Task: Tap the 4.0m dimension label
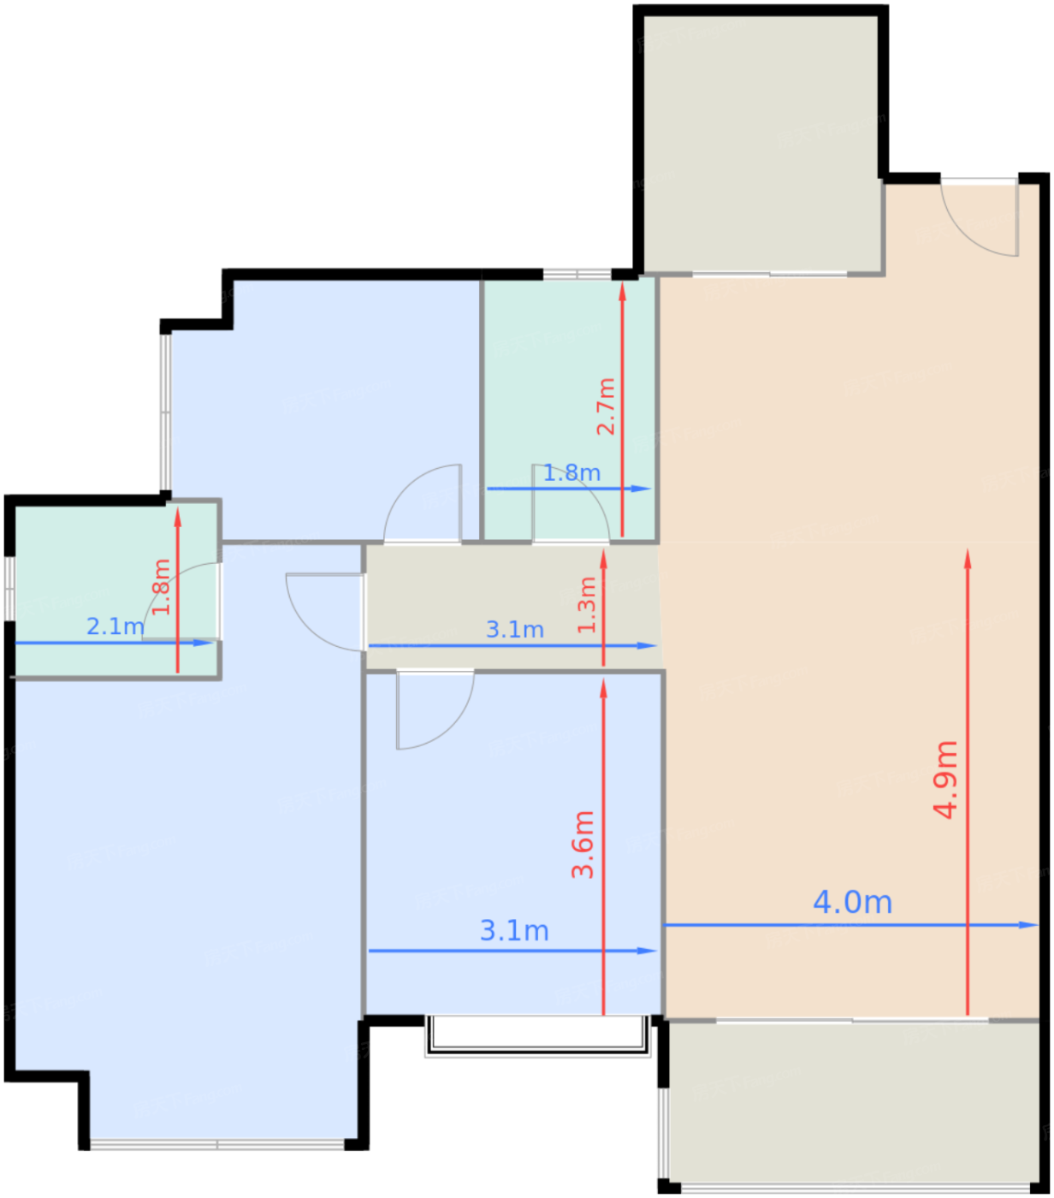point(852,902)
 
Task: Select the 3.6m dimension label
point(583,845)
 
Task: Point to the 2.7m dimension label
point(606,406)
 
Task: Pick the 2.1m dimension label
point(115,626)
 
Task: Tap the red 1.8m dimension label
point(161,587)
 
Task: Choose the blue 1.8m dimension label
point(571,473)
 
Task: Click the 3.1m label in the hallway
point(515,630)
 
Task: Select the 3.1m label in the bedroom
point(514,931)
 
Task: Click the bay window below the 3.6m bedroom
point(537,1035)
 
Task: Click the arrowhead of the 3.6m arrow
point(603,689)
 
